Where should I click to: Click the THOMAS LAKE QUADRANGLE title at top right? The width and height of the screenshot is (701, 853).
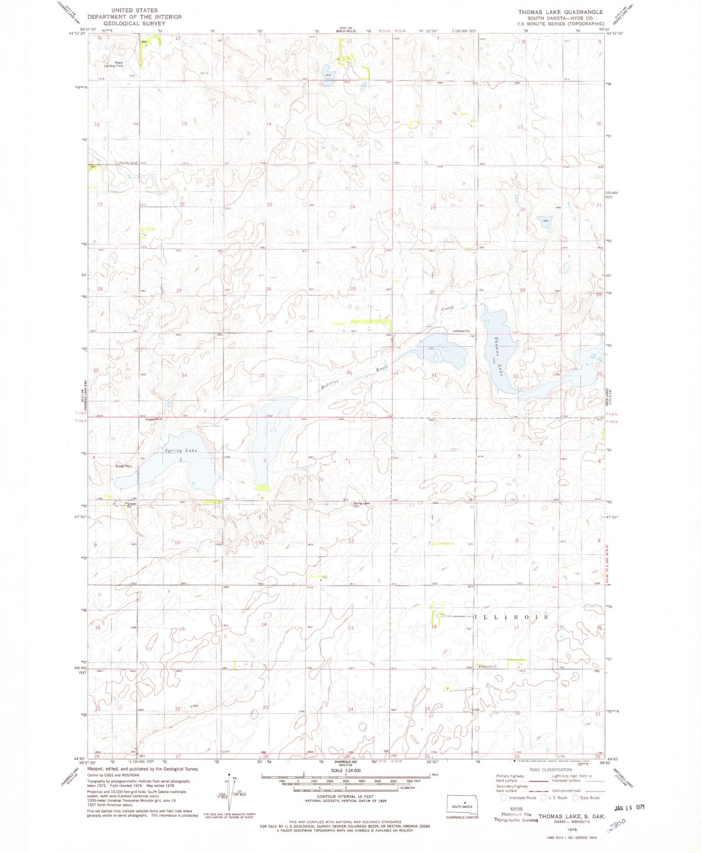click(x=560, y=12)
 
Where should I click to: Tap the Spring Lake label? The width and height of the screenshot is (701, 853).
click(x=181, y=451)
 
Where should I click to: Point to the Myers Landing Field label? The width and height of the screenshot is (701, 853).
click(x=113, y=64)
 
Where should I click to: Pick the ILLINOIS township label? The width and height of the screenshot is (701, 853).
click(x=512, y=617)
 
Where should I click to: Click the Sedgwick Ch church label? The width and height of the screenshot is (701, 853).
click(x=487, y=666)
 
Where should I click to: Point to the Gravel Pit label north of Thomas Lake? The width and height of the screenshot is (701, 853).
click(x=462, y=331)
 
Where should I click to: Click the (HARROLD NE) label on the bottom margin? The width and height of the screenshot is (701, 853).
click(x=345, y=763)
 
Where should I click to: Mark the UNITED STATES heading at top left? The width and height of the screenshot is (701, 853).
click(x=134, y=10)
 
